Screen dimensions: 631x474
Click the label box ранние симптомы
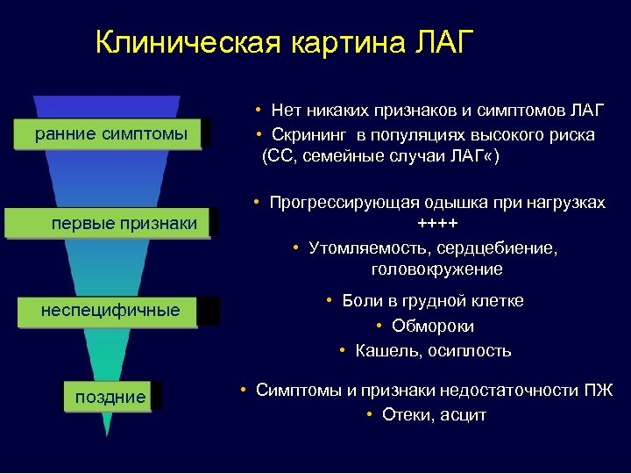point(110,134)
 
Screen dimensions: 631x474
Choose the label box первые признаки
point(124,223)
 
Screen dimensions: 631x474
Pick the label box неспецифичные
point(110,311)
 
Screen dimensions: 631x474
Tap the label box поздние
point(110,397)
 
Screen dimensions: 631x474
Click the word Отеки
point(409,414)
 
